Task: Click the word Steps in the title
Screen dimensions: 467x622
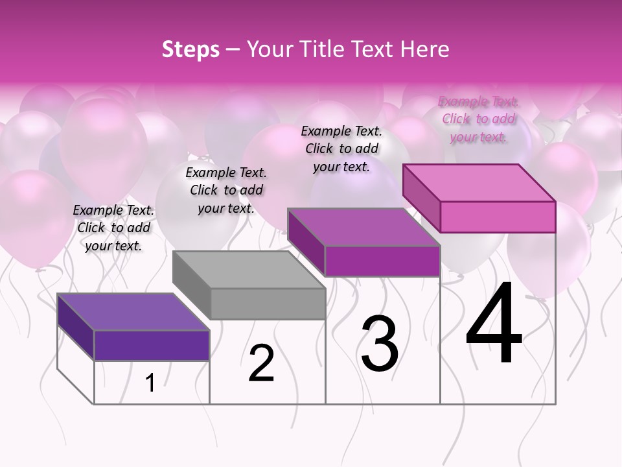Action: point(190,49)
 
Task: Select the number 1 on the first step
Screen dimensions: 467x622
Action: point(150,383)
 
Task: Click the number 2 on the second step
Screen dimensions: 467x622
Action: point(261,364)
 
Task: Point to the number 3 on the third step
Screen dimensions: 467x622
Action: point(380,344)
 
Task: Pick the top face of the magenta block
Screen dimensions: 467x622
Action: point(363,227)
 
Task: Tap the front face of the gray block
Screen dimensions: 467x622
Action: point(268,304)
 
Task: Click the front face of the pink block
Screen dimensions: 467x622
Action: point(498,217)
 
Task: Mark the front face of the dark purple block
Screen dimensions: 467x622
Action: point(152,345)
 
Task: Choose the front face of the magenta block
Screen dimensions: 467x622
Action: point(382,261)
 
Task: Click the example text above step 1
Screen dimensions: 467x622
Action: point(113,228)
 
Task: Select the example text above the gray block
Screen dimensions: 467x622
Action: point(226,190)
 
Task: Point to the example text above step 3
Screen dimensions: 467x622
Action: point(341,149)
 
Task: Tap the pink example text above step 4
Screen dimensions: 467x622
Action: point(478,119)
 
